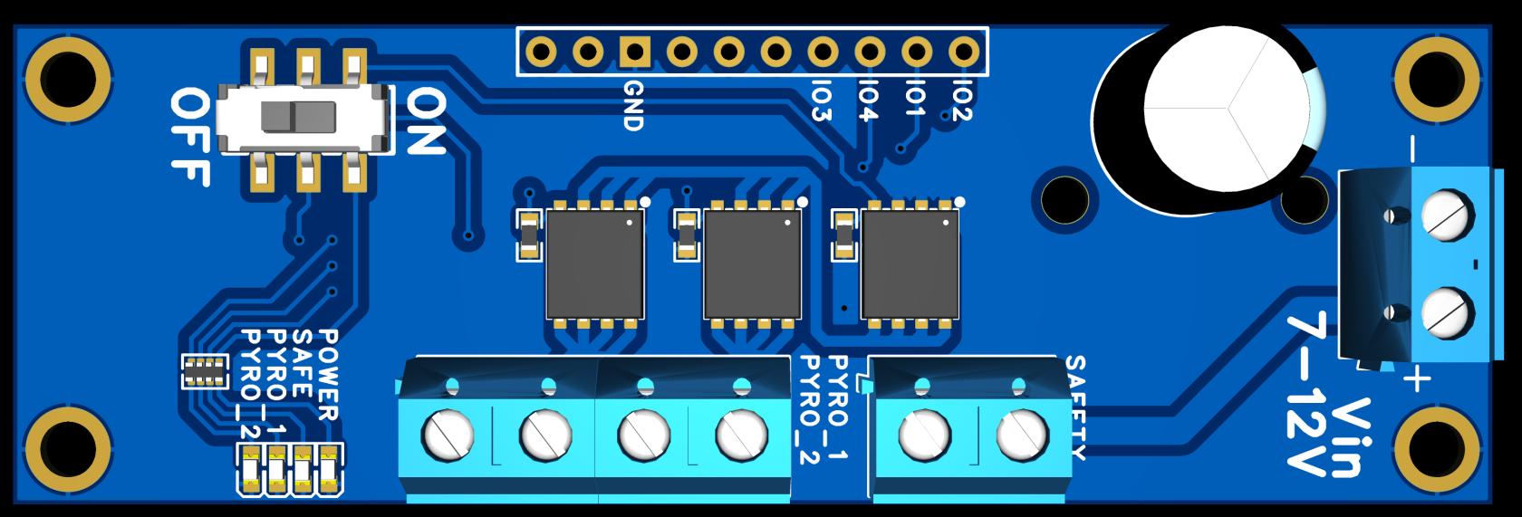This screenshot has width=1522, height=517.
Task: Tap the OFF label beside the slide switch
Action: [190, 137]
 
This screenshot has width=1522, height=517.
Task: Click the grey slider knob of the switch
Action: [298, 118]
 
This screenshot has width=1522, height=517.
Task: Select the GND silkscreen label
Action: [633, 106]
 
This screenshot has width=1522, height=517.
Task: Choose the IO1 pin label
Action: [915, 99]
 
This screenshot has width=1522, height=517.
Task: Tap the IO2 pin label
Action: [961, 99]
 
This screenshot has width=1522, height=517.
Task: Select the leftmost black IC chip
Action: [594, 263]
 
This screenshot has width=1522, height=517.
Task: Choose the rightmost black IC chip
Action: [910, 263]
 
